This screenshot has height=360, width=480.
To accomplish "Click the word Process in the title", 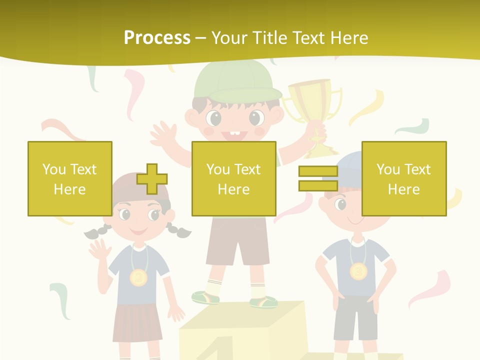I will [157, 38].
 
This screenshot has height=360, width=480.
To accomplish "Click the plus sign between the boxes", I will [152, 179].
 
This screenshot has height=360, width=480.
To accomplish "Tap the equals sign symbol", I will [318, 178].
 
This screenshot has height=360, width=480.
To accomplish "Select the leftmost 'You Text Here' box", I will [70, 178].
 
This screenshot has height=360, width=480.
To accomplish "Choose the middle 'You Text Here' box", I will [234, 178].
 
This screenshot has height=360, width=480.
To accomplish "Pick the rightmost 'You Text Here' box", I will [404, 178].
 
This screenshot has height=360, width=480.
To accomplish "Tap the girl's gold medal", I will [138, 276].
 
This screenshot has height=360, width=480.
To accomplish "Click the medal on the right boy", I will [358, 271].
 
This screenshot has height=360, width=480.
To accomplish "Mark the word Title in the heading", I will [270, 38].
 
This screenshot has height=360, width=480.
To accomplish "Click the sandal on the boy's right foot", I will [263, 301].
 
